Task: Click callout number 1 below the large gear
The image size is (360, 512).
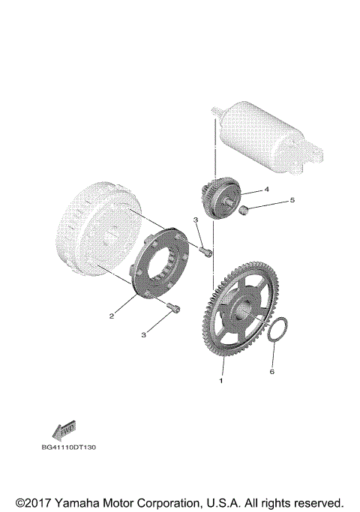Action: tap(220, 381)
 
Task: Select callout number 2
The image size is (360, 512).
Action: tap(111, 316)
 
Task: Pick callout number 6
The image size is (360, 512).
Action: tap(272, 371)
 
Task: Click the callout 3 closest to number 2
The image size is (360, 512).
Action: tap(142, 334)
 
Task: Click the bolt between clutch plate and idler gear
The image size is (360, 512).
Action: tap(205, 253)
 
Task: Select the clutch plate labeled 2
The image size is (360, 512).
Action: tap(160, 259)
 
